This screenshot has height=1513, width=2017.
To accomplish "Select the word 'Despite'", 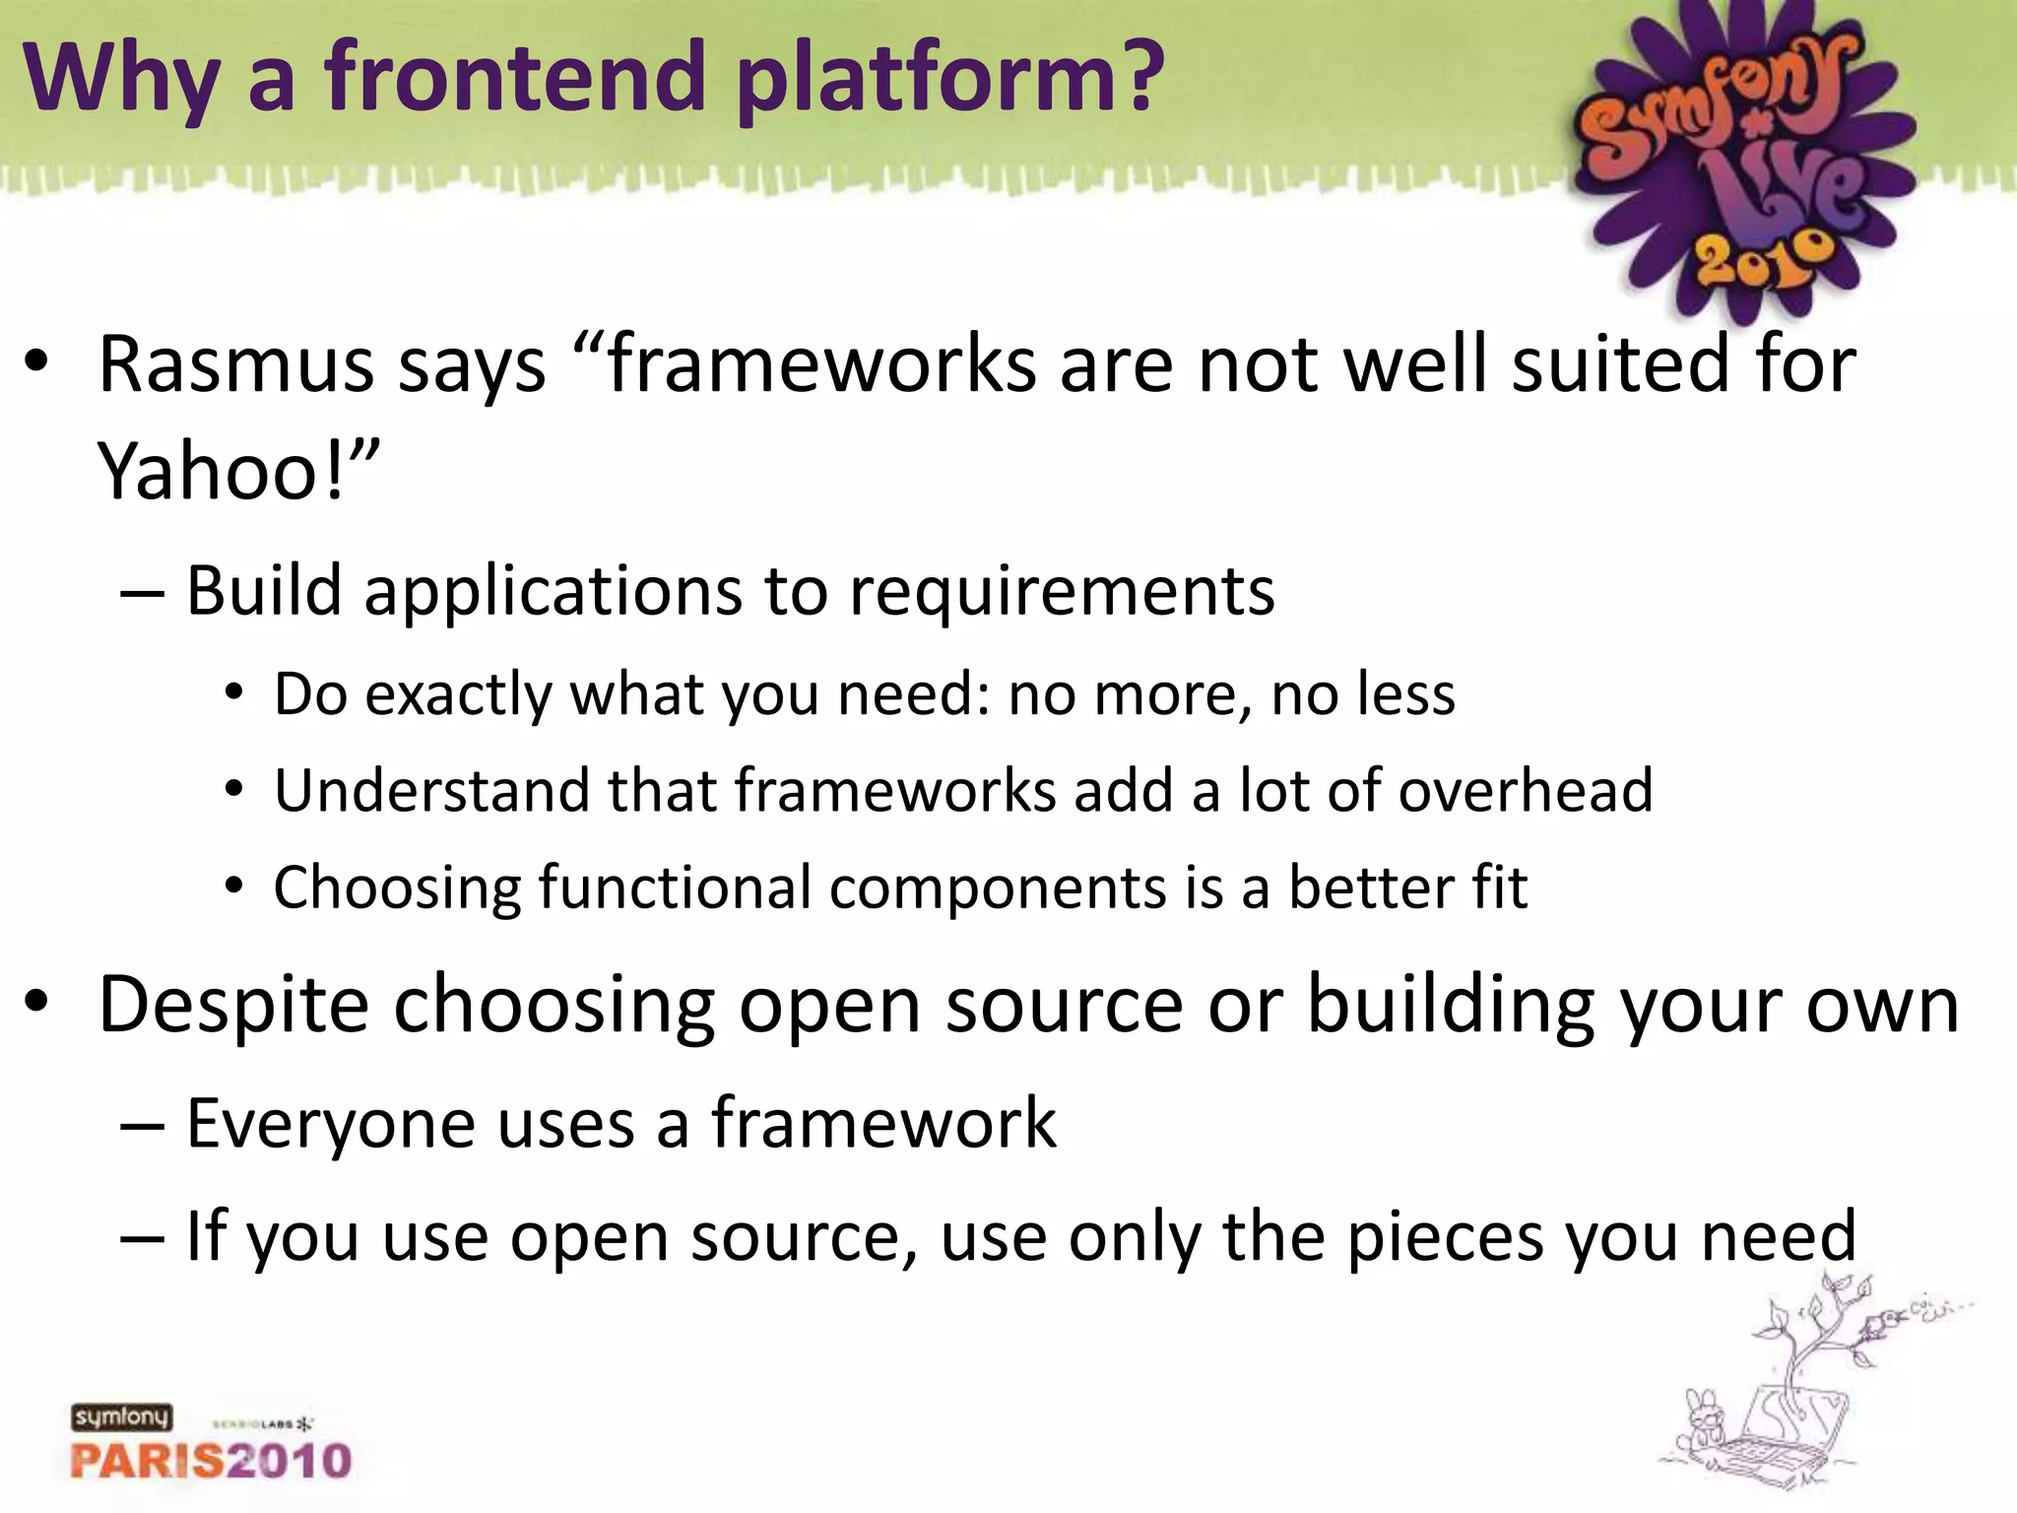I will pos(234,1006).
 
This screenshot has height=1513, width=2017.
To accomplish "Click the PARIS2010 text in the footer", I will pos(211,1460).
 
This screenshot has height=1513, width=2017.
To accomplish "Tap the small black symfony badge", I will pos(121,1417).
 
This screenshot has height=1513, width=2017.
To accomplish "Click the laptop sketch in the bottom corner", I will pos(1773,1428).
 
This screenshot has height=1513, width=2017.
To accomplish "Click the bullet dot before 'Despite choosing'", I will pos(36,1003).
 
